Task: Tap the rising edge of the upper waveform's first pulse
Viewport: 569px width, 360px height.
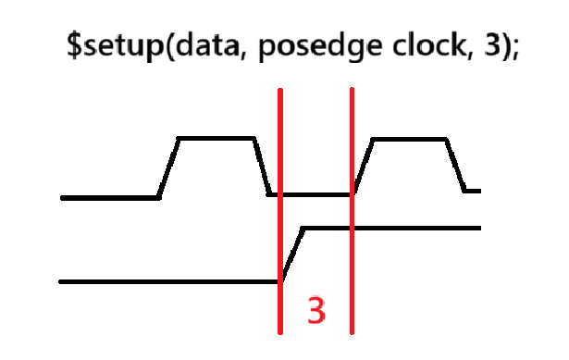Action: pyautogui.click(x=168, y=168)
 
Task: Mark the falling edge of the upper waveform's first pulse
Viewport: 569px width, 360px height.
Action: pyautogui.click(x=262, y=167)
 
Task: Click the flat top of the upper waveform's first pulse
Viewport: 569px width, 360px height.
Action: pyautogui.click(x=216, y=138)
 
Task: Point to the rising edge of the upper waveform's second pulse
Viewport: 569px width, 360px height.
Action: pyautogui.click(x=363, y=167)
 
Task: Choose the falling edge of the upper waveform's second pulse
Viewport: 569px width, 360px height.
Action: pyautogui.click(x=456, y=165)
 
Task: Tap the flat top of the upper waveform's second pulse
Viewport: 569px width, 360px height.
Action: pyautogui.click(x=410, y=139)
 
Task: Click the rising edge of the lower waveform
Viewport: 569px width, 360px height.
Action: pyautogui.click(x=291, y=254)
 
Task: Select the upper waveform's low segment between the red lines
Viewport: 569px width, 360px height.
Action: pyautogui.click(x=315, y=194)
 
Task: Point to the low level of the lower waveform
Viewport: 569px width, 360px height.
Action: pyautogui.click(x=167, y=281)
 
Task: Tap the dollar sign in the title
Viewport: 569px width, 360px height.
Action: pyautogui.click(x=74, y=43)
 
